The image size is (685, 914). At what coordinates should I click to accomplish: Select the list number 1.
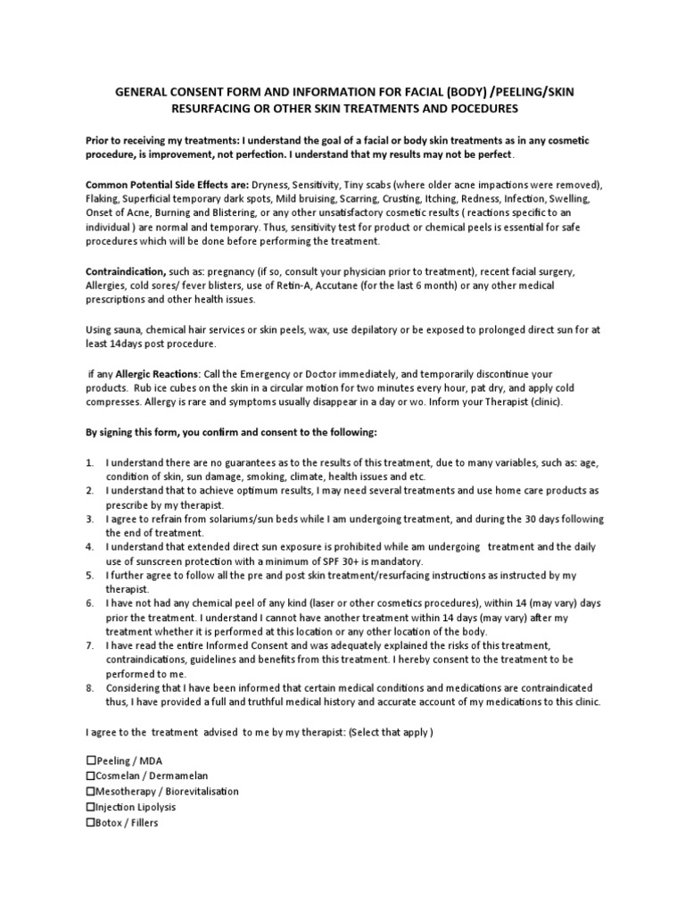tap(89, 462)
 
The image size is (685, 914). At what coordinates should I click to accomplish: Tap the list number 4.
tap(89, 545)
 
